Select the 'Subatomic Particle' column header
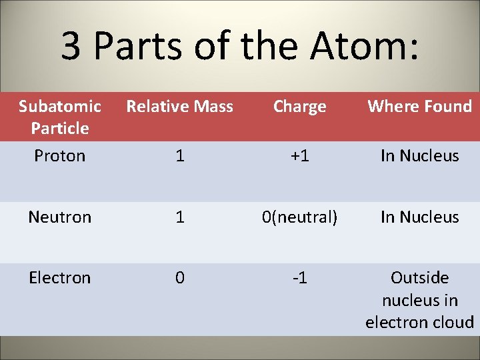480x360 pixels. tap(60, 117)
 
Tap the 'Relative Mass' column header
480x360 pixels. tap(180, 106)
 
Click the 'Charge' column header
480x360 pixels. tap(300, 106)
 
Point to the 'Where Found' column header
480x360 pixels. tap(420, 106)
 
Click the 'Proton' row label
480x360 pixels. tap(60, 156)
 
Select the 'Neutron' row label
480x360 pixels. tap(60, 217)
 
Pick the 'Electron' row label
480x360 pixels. tap(60, 277)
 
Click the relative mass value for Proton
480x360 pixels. tap(180, 156)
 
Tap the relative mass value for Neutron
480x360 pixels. tap(180, 217)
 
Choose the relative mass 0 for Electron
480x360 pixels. tap(180, 277)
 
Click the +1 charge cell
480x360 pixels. tap(300, 156)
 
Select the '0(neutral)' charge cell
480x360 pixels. tap(300, 217)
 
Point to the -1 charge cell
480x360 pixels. tap(300, 277)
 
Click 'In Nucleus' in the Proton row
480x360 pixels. tap(420, 156)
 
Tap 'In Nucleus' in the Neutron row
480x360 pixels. tap(420, 217)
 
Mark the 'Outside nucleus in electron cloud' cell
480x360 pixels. tap(420, 300)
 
